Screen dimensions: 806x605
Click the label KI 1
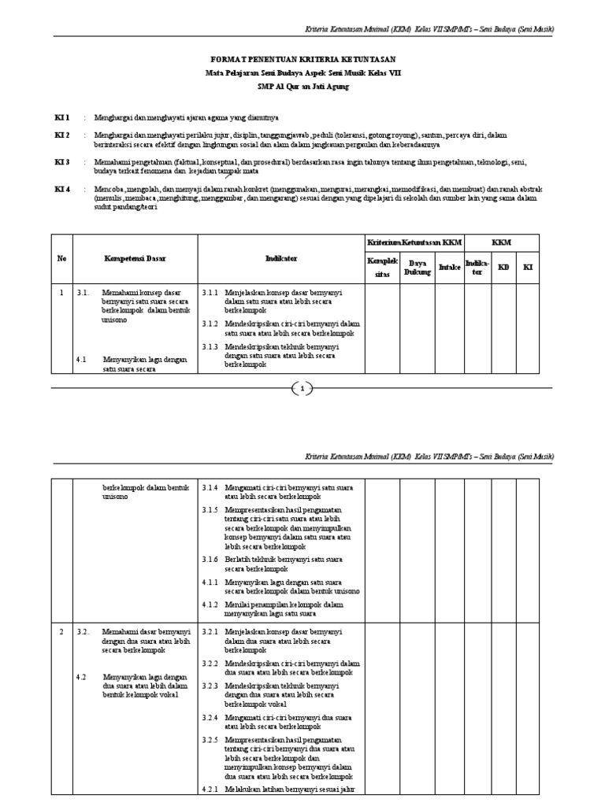[x=62, y=117]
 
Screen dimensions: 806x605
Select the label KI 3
[x=62, y=162]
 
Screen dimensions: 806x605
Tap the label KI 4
[x=62, y=190]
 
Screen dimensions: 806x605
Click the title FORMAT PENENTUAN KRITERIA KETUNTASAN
[x=302, y=60]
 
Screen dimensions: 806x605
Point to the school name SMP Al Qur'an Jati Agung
[x=302, y=86]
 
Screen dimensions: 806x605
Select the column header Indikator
[x=281, y=258]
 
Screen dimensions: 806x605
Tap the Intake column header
[x=449, y=267]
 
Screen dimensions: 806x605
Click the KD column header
[x=503, y=267]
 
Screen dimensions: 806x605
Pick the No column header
[x=62, y=258]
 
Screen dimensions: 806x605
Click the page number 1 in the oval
[x=302, y=388]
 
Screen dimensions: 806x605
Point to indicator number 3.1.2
[x=210, y=323]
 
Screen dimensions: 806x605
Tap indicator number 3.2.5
[x=210, y=741]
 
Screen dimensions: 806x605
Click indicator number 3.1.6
[x=210, y=559]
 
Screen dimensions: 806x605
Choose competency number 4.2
[x=80, y=677]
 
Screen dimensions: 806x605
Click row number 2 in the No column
[x=62, y=632]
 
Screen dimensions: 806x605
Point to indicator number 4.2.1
[x=210, y=789]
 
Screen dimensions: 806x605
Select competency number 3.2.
[x=84, y=632]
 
